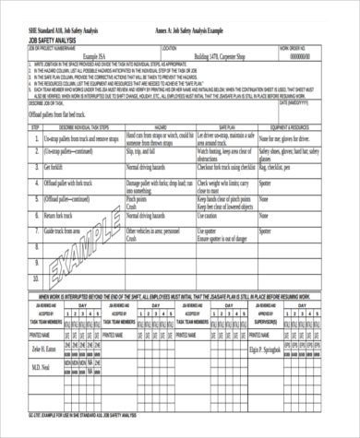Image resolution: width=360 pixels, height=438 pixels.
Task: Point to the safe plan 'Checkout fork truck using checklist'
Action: coord(226,170)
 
